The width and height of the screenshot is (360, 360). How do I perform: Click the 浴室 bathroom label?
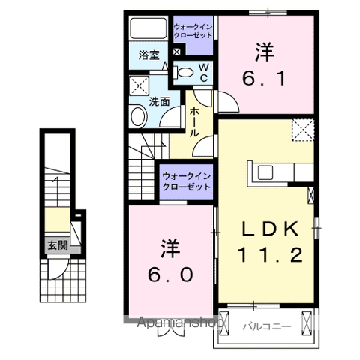coord(148,55)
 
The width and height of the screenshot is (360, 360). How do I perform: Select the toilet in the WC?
coord(184,73)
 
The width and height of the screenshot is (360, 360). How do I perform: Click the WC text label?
coord(203,73)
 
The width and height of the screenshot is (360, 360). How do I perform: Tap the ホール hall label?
coord(195,120)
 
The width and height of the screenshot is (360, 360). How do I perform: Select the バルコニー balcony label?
coord(266,326)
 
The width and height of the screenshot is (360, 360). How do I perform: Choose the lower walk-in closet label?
coord(187,181)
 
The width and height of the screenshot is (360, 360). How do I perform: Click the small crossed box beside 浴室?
coord(176,53)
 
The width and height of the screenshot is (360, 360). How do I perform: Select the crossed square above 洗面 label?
coord(138,83)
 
